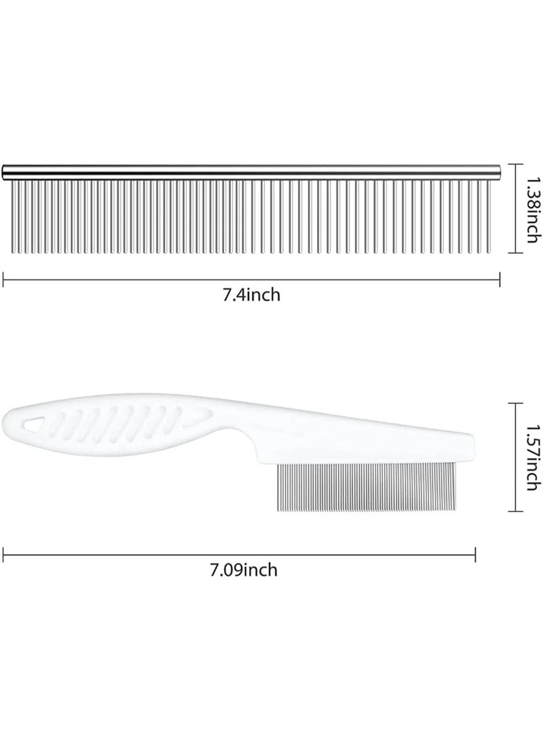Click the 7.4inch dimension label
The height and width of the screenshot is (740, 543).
point(252,296)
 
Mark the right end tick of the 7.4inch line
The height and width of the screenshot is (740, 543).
point(500,277)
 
